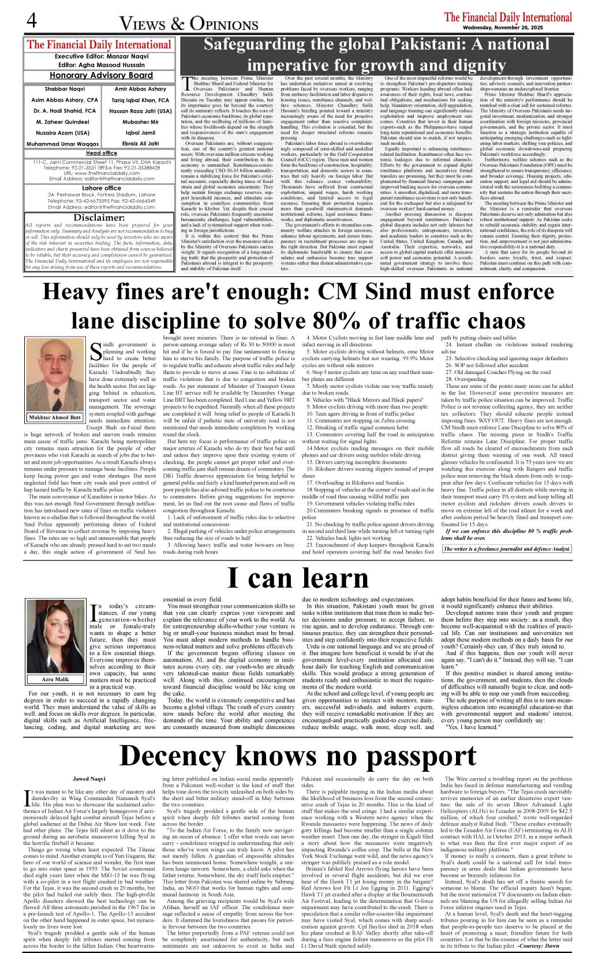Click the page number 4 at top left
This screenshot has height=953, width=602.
tap(31, 21)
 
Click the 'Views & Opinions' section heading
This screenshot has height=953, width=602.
tap(188, 24)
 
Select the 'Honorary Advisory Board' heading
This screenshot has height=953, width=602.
tap(101, 76)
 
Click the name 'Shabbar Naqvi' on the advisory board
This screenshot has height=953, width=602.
tap(65, 89)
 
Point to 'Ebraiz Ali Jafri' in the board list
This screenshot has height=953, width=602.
tap(140, 143)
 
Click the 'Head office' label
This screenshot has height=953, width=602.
tap(101, 153)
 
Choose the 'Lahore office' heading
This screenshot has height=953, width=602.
tap(101, 188)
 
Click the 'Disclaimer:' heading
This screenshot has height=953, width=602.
tap(99, 218)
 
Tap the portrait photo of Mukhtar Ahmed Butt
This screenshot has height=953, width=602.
tap(55, 375)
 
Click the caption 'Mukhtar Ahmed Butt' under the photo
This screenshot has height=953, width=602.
tap(55, 417)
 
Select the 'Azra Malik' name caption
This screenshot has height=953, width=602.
tap(55, 679)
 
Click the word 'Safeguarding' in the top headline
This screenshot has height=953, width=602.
tap(255, 45)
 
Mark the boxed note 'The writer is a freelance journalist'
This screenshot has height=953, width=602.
tap(506, 548)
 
